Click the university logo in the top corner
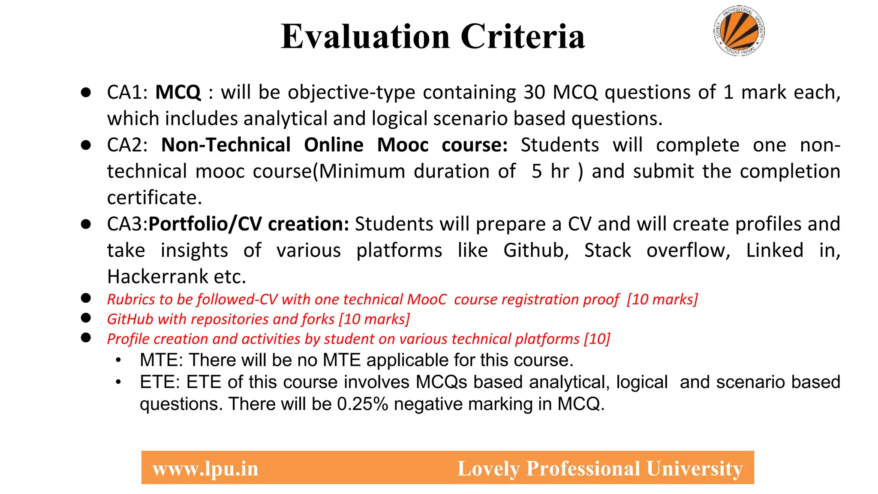(739, 31)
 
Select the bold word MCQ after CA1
(178, 92)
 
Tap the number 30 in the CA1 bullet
(534, 92)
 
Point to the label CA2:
(127, 145)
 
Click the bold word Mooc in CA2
(403, 145)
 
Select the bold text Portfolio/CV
(205, 224)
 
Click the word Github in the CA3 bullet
(535, 250)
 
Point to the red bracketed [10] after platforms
(597, 339)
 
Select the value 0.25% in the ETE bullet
(363, 404)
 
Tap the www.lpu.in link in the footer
(205, 468)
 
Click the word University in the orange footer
(695, 468)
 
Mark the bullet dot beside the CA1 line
(86, 92)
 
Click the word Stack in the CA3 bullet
(607, 250)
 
